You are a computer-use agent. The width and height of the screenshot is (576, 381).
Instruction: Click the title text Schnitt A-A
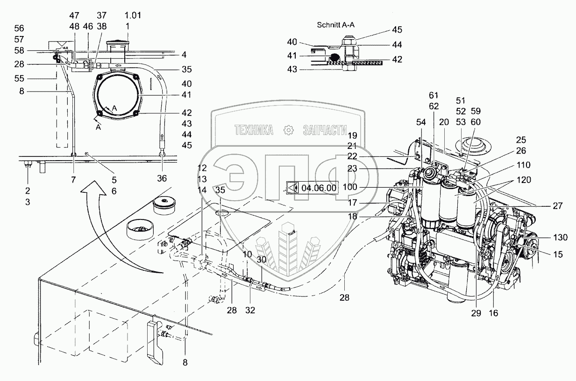pos(335,25)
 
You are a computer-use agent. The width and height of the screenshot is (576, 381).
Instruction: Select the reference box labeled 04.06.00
pos(312,188)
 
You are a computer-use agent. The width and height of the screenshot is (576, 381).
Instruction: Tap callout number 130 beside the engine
pos(559,238)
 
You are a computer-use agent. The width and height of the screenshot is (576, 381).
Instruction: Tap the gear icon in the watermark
pos(288,130)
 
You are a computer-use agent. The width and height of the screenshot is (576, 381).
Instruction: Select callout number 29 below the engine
pos(476,314)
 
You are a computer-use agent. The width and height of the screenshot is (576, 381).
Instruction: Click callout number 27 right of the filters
pos(559,205)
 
